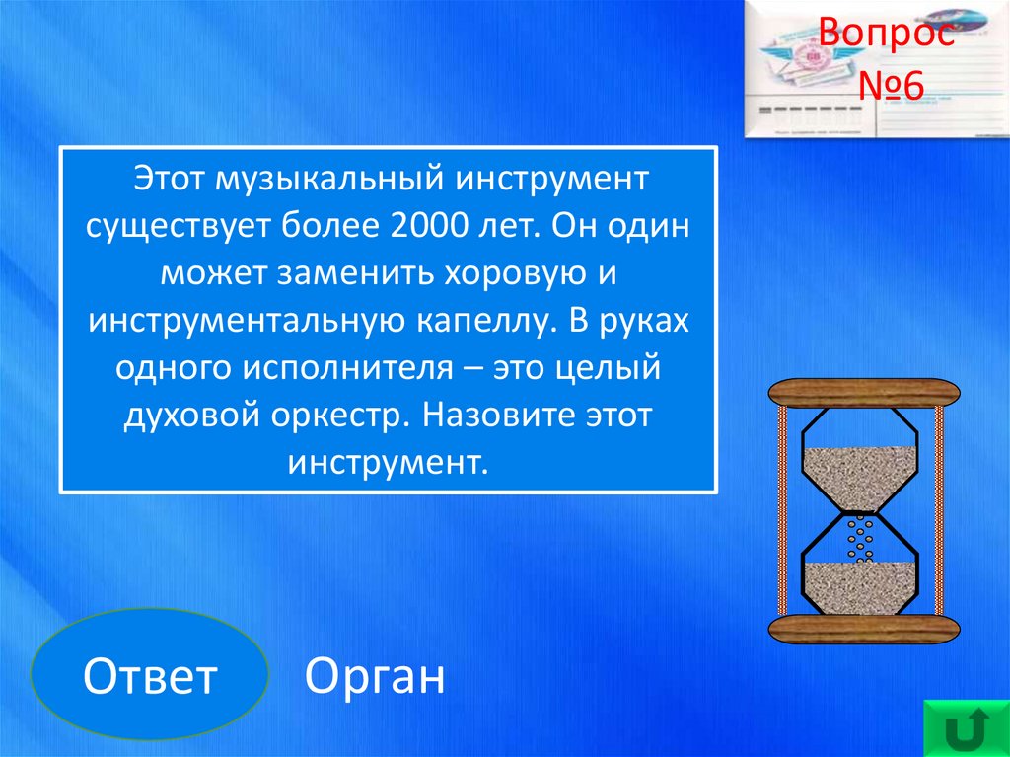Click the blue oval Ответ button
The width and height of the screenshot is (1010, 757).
tap(150, 673)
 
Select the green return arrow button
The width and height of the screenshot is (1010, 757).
tap(967, 727)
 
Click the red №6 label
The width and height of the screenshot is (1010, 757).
tap(891, 86)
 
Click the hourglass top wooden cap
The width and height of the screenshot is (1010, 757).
tap(864, 394)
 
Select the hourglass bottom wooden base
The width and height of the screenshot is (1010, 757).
tap(864, 629)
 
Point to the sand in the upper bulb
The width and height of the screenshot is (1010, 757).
tap(859, 478)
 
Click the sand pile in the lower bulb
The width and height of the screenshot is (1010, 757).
tap(859, 588)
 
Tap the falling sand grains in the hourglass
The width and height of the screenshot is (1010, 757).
tap(860, 538)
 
